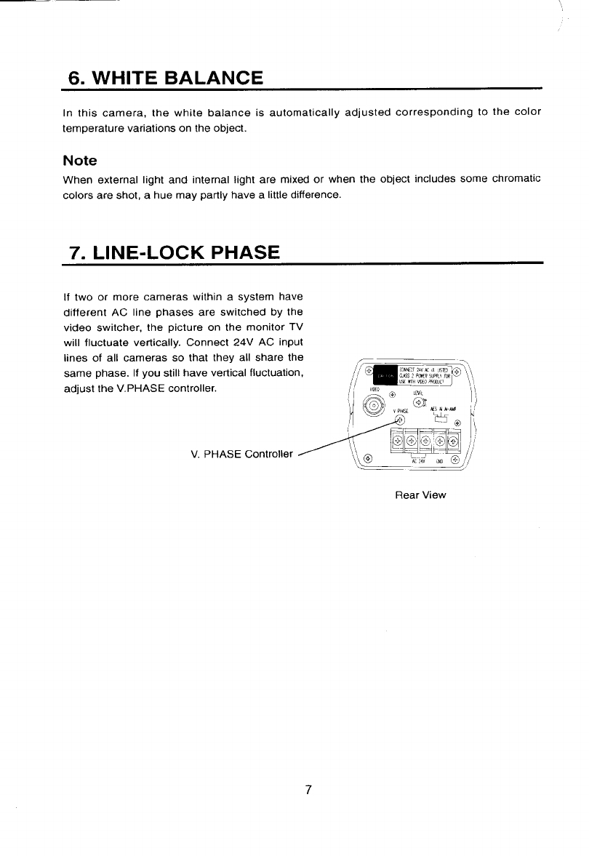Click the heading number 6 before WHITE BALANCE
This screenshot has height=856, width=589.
coord(74,77)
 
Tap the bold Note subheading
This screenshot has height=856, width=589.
coord(80,160)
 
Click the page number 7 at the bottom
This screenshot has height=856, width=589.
coord(308,791)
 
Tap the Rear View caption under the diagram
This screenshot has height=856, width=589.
coord(420,495)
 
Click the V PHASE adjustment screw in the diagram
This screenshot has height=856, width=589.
coord(398,427)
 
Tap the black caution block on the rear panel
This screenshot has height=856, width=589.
coord(382,376)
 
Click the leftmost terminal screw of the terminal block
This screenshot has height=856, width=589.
coord(397,440)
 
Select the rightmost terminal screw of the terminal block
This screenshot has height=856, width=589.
coord(454,440)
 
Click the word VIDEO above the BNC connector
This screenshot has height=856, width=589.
coord(375,390)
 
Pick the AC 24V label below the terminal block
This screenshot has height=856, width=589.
coord(418,461)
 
